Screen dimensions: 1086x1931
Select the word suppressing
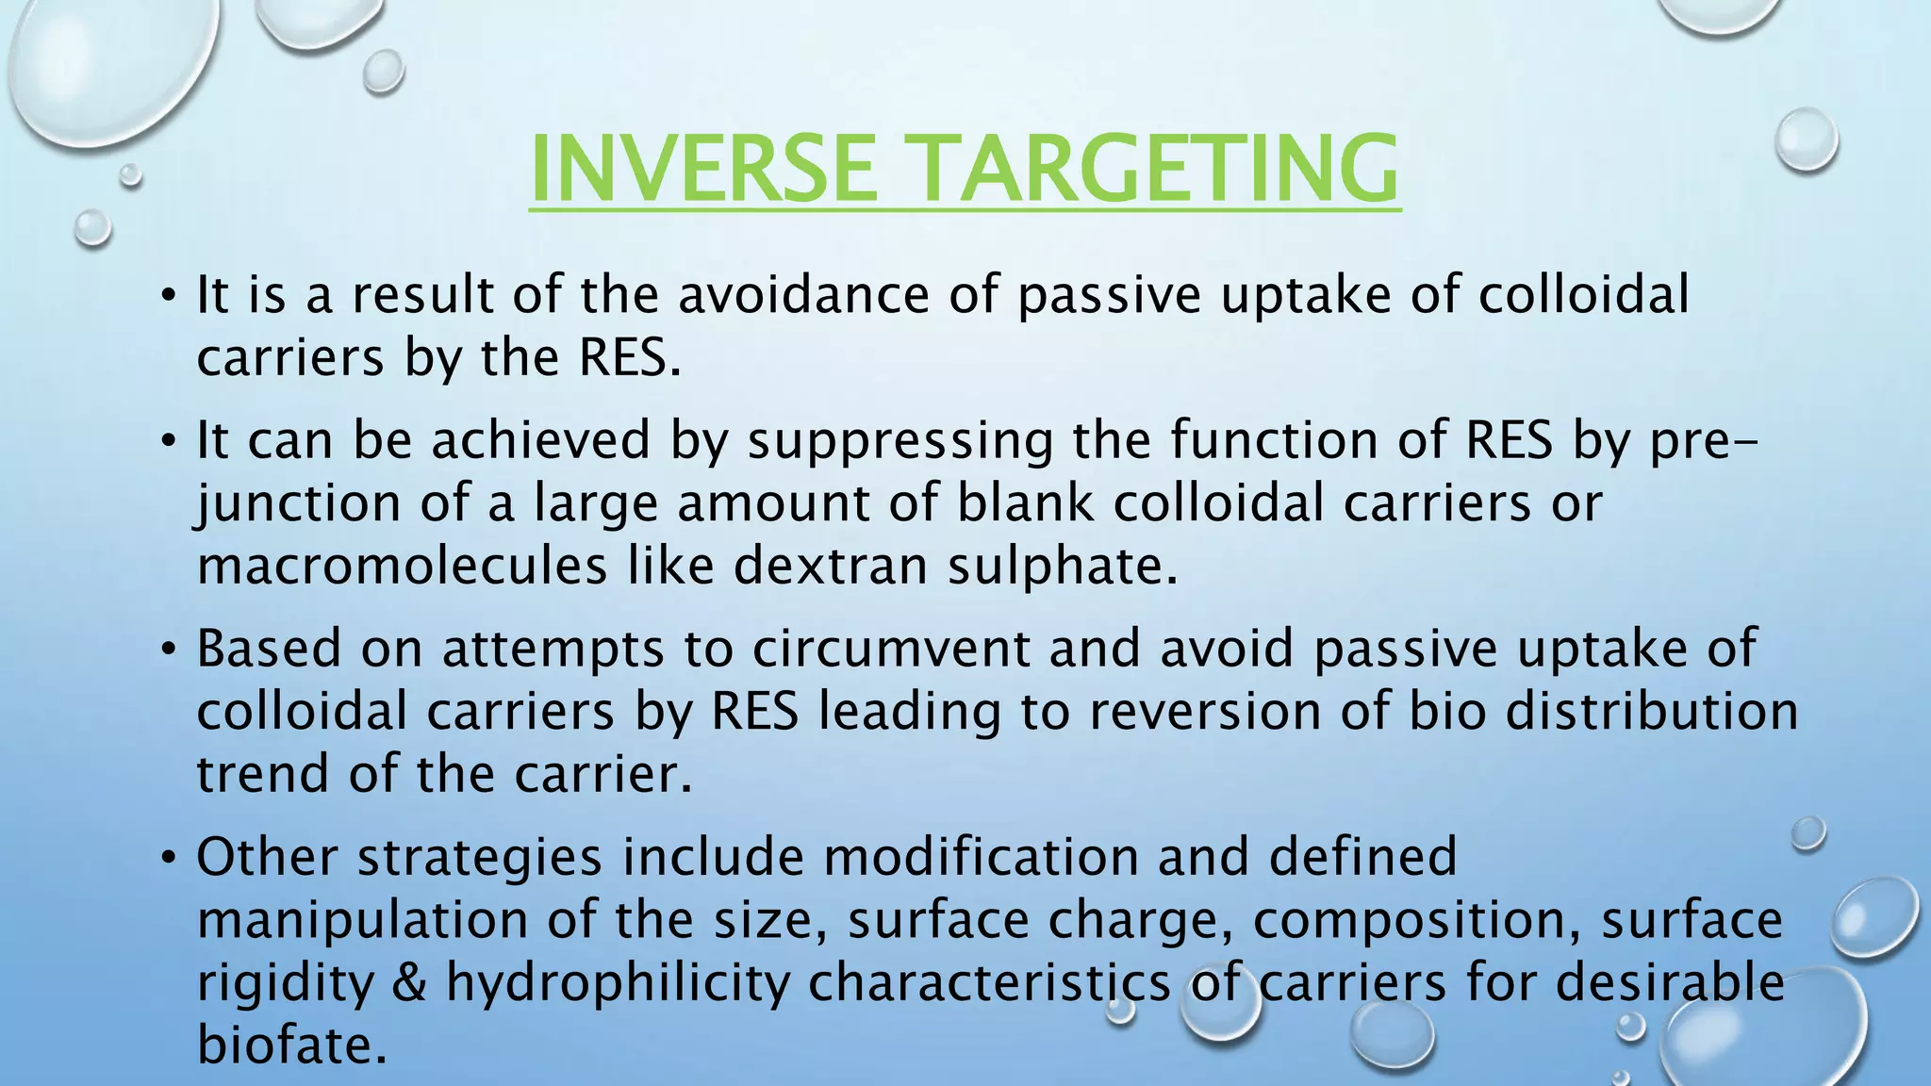tap(900, 440)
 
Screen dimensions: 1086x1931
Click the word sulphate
tap(1063, 566)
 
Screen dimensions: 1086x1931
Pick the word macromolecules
tap(403, 566)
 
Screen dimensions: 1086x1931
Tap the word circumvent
tap(891, 649)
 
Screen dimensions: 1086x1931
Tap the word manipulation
tap(362, 919)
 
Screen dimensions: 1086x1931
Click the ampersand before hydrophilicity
tap(408, 981)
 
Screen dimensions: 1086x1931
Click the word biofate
tap(292, 1044)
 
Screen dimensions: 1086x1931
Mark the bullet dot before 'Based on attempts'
tap(168, 650)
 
